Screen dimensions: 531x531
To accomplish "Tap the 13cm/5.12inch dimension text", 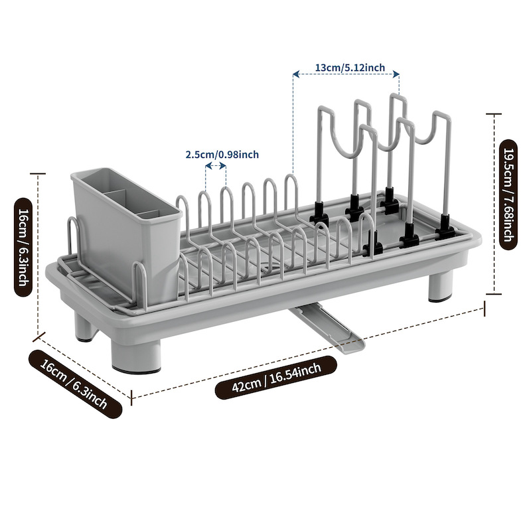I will click(346, 67).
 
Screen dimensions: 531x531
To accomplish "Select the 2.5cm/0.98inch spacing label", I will click(222, 155).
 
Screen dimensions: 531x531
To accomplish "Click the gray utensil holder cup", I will click(123, 222).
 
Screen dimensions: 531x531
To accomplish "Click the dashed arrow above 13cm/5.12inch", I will click(346, 76).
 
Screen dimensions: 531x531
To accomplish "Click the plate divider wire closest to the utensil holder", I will click(186, 226).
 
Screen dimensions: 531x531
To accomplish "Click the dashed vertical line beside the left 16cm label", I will click(38, 252).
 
